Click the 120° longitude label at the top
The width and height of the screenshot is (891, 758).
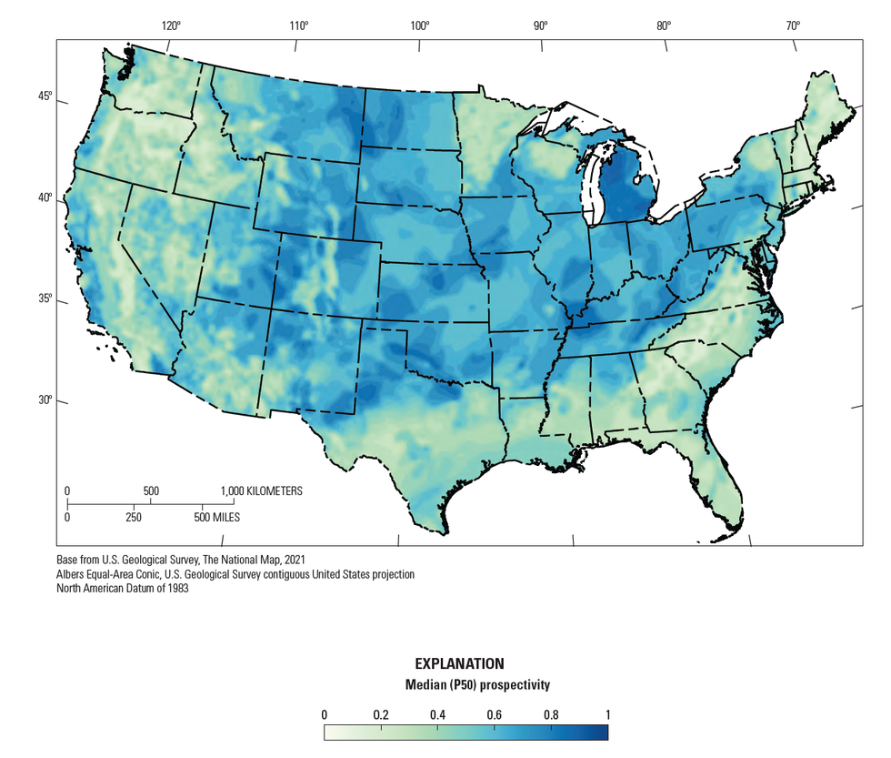[x=171, y=26]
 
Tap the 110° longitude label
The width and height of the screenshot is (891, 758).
[x=299, y=26]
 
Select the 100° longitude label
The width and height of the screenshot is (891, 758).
[x=419, y=26]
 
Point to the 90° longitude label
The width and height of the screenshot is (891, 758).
[x=541, y=26]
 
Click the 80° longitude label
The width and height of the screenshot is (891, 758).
[x=664, y=26]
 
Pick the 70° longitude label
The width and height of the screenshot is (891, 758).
[x=793, y=26]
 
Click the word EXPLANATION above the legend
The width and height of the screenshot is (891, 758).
[x=459, y=664]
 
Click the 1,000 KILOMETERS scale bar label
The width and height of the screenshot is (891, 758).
[x=262, y=491]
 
